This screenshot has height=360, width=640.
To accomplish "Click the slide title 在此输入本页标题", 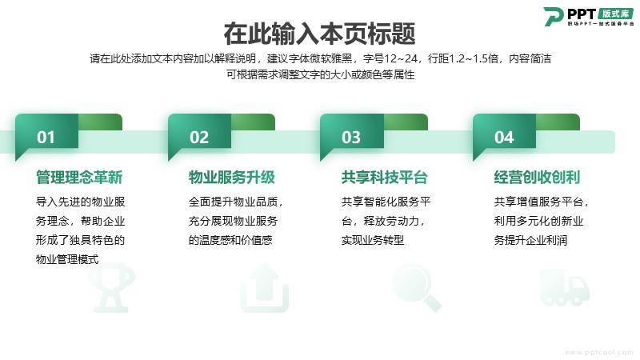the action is coord(319,34).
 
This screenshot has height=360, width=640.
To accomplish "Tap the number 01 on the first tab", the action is coord(46,138).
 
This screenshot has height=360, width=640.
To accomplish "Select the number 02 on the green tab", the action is coord(199,138).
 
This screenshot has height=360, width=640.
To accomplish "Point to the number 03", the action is coord(351,138).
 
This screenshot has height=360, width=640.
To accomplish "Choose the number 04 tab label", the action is coord(504,138).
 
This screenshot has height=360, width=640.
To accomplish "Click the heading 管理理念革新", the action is coord(79,178).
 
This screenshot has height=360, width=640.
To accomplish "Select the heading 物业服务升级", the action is coord(232,178).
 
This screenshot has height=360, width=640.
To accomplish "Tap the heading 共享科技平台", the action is coord(385,178).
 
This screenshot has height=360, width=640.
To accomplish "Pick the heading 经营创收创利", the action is coord(537,178).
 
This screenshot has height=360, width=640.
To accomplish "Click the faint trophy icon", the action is coord(111,288).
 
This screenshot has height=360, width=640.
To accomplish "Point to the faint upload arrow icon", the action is coord(265,288).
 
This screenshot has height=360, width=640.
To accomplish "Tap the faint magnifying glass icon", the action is coord(416,287).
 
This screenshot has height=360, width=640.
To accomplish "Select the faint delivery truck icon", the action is coord(565,287).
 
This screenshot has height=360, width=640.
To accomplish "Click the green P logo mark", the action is coord(554,16).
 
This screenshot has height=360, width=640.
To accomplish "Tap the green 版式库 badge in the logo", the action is coord(616,14).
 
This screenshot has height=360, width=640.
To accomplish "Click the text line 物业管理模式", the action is coord(67,259).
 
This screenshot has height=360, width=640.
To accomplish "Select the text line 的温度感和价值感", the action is coord(230,240).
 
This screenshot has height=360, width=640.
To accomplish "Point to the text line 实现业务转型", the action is coord(373,240).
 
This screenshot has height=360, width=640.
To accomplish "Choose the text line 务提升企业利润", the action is coord(530,240).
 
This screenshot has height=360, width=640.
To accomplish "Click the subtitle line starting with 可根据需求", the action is coord(321,74).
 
